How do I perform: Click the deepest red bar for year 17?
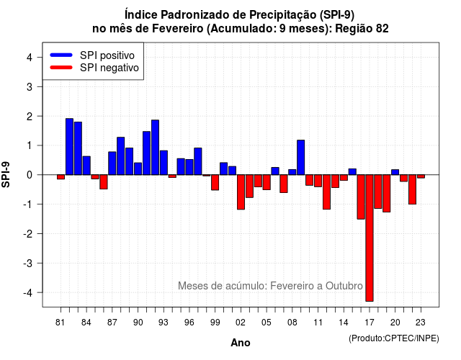pos(370,238)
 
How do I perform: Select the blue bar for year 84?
pos(86,166)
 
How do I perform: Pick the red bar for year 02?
pos(241,192)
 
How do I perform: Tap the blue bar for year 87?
pos(112,163)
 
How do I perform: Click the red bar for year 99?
pos(215,182)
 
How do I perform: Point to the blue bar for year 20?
pos(395,172)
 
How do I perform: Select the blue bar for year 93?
pos(164,163)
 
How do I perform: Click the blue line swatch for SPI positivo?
pos(61,55)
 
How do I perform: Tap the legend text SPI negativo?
pos(109,68)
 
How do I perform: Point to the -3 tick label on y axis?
pos(29,264)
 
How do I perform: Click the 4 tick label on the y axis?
pos(30,57)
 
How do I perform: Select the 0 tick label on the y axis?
pos(30,175)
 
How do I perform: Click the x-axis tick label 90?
pos(138,323)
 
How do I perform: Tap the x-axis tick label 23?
pos(421,323)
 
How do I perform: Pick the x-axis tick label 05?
pos(267,323)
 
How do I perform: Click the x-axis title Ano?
pos(241,343)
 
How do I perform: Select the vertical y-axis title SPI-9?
pos(6,174)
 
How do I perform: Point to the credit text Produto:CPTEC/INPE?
pos(394,338)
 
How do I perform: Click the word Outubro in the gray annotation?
pos(344,286)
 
